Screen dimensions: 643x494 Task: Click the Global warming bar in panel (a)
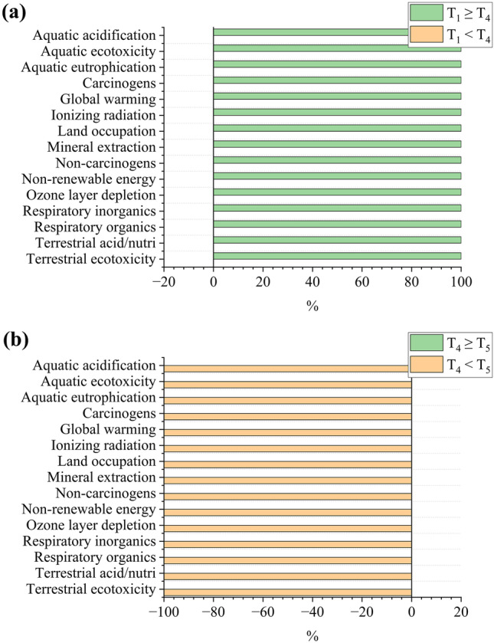pyautogui.click(x=337, y=96)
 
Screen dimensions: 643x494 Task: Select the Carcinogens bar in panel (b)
pyautogui.click(x=287, y=416)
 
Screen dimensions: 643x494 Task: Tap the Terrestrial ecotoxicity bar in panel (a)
pyautogui.click(x=337, y=256)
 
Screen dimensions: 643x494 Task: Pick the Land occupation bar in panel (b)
pyautogui.click(x=287, y=464)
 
